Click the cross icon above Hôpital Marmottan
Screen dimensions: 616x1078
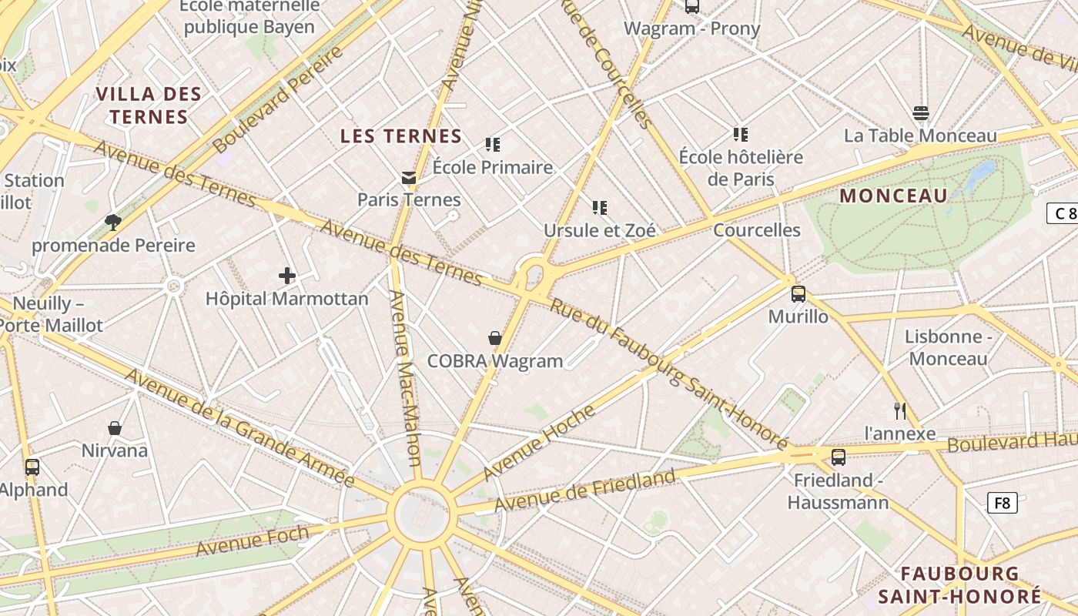pos(287,276)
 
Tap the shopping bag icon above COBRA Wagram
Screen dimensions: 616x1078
pos(495,338)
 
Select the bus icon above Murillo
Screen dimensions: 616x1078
pos(798,293)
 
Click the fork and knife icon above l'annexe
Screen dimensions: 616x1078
pos(899,410)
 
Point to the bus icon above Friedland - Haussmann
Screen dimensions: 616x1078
pos(839,457)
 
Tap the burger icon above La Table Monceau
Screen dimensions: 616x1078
pos(920,113)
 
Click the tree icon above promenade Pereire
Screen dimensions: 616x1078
pos(113,223)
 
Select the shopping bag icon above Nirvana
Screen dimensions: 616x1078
pos(115,428)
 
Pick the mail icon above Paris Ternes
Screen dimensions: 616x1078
pos(409,178)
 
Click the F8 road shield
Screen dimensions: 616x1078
pos(1002,503)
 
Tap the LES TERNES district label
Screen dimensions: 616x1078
pos(401,136)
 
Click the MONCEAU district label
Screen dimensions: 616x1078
pos(893,196)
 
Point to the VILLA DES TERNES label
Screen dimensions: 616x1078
pos(149,105)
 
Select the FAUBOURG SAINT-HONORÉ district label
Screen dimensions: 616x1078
pos(959,584)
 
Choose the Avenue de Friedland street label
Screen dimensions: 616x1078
pos(584,490)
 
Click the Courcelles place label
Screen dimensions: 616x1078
pos(756,230)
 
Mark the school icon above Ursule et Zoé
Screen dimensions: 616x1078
pos(600,207)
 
